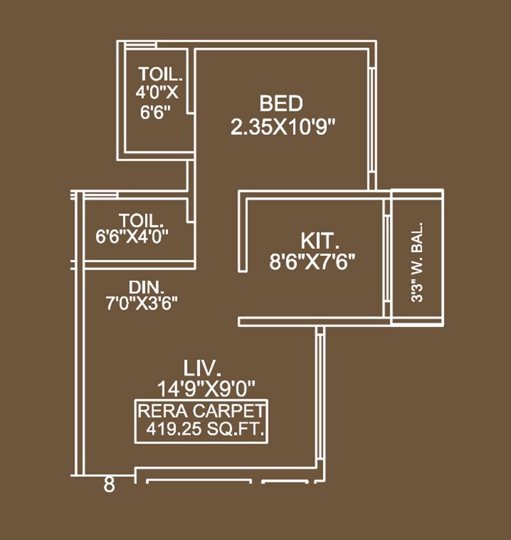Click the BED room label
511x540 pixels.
tap(280, 103)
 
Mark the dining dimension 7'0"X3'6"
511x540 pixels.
tap(142, 303)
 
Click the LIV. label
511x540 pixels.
tap(202, 369)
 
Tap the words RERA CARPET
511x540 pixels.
tap(202, 411)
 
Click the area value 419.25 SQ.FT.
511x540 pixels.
tap(205, 430)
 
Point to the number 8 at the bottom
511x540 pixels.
tap(109, 485)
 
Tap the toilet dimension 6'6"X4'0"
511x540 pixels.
tap(141, 236)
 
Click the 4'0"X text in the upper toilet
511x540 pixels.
tap(156, 92)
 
